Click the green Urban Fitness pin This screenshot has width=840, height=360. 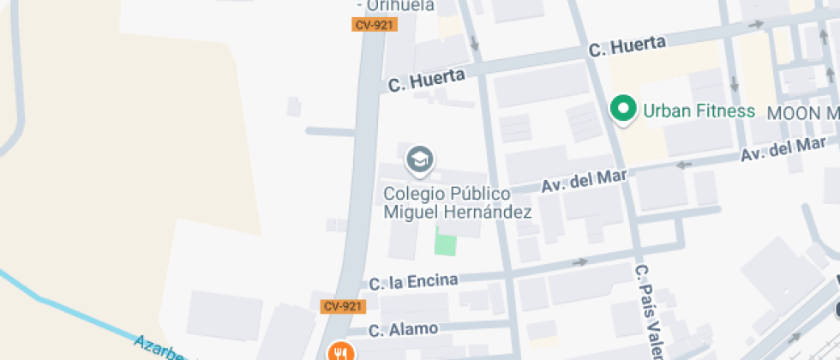click(x=624, y=109)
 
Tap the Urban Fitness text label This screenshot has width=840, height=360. click(x=699, y=111)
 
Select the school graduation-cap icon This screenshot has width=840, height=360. click(x=419, y=159)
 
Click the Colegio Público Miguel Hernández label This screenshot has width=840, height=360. click(x=457, y=203)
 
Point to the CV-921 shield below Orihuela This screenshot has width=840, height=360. click(x=373, y=25)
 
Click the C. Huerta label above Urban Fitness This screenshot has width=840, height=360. click(x=627, y=46)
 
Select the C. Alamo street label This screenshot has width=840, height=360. click(x=404, y=329)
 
